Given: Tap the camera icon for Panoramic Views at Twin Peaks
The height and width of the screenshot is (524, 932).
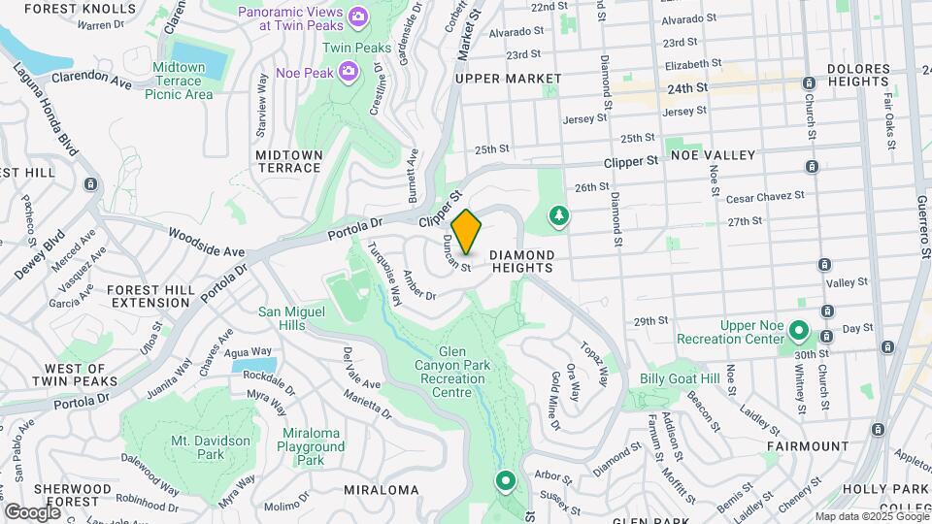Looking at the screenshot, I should coord(358,16).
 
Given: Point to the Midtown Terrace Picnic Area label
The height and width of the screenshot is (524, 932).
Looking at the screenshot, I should coord(179,81).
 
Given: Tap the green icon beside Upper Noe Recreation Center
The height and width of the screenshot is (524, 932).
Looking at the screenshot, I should coord(799,331).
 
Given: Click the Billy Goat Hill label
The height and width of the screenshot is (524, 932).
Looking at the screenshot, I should coord(680,378).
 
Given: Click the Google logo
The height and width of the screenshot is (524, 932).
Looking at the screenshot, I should coord(32,511).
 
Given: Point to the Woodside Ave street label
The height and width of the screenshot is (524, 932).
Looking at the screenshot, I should coord(206,243).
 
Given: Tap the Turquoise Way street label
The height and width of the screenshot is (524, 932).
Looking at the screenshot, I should coord(383,274).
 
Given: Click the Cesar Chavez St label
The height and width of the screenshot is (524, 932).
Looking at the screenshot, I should coord(765,197).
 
